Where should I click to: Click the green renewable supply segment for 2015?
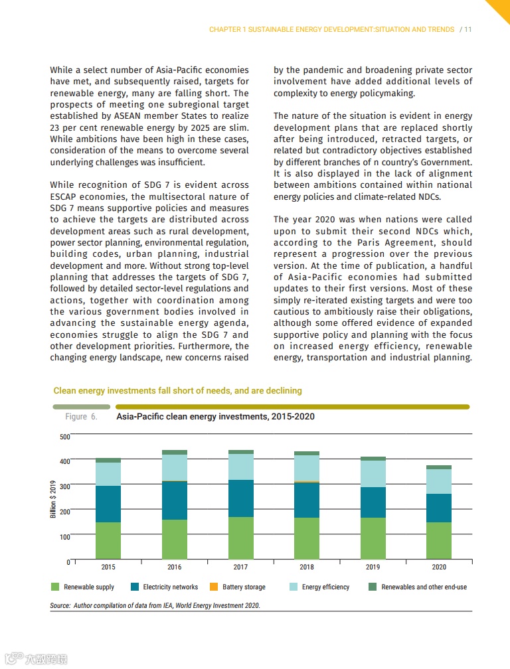click(108, 540)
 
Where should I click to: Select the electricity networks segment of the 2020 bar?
click(439, 508)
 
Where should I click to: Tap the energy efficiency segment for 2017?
click(240, 467)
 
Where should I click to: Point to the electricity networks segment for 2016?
click(175, 500)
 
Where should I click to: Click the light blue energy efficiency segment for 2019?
click(373, 473)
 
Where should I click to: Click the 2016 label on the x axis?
click(175, 567)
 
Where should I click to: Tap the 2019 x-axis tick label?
click(373, 567)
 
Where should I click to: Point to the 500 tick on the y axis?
click(64, 437)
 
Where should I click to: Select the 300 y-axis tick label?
click(64, 486)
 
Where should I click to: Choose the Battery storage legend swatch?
click(214, 587)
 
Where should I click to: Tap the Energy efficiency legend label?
click(325, 587)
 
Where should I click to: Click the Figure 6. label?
click(81, 417)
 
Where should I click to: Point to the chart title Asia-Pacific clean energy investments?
click(215, 417)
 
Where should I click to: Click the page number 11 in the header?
click(468, 30)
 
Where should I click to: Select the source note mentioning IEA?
click(155, 605)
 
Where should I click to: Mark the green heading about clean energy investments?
click(177, 391)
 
